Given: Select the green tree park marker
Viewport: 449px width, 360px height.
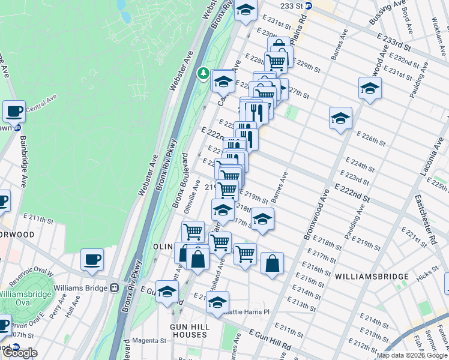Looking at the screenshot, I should (203, 74).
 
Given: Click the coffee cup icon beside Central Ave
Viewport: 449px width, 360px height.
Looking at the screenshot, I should (14, 111).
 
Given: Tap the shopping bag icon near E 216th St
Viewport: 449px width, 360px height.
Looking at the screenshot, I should (272, 263).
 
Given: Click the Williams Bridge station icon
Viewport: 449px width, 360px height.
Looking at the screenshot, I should (113, 287).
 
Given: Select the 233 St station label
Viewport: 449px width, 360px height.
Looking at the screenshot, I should (291, 5).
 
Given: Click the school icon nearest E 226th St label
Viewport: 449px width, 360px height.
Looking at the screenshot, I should (340, 118).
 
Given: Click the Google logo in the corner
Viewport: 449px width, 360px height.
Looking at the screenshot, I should (19, 353).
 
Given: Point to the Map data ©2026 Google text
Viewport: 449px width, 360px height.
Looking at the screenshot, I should (411, 355).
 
